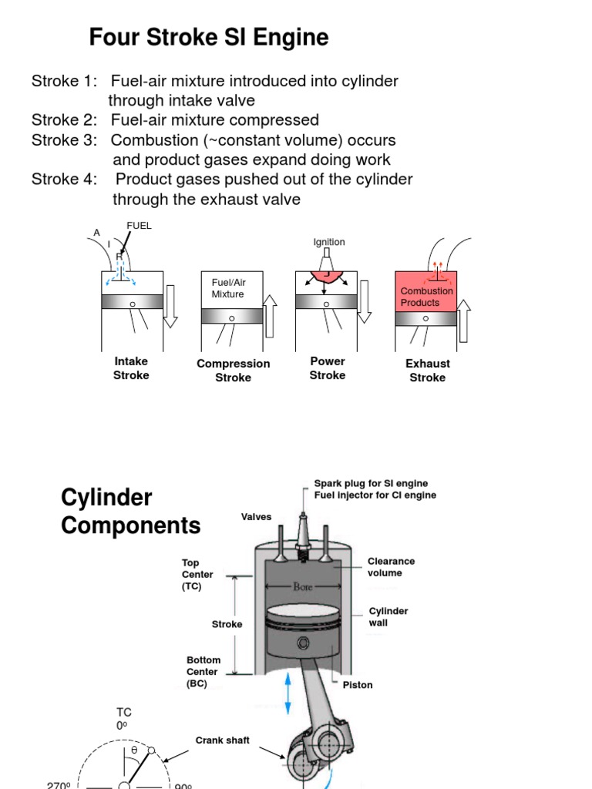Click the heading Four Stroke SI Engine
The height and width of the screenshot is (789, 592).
click(x=209, y=37)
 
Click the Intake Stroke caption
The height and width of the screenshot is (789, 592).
click(x=131, y=368)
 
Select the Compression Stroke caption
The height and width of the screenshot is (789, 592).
click(x=233, y=371)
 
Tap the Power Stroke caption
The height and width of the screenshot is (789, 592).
click(x=328, y=368)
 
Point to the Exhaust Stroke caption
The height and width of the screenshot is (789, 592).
click(x=428, y=371)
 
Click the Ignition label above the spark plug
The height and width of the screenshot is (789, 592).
click(x=329, y=242)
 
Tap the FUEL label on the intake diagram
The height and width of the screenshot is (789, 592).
click(x=140, y=226)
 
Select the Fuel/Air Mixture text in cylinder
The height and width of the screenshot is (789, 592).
click(x=227, y=288)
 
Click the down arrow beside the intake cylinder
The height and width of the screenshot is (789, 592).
click(x=170, y=306)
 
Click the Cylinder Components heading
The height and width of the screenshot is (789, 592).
click(x=130, y=512)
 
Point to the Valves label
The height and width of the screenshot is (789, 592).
click(x=256, y=517)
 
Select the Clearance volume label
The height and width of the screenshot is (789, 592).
click(x=391, y=567)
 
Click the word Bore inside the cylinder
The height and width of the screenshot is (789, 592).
click(x=303, y=586)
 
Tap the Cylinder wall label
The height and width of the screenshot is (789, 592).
click(x=388, y=616)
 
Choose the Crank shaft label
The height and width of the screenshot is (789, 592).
click(x=222, y=740)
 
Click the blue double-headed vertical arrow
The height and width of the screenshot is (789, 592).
click(x=288, y=696)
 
